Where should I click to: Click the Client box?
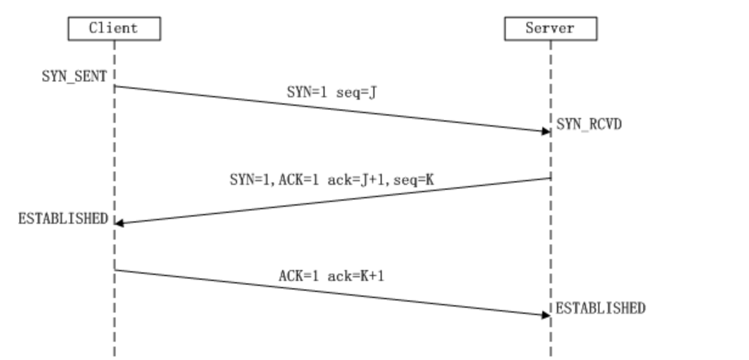114,28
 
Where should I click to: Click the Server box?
550,28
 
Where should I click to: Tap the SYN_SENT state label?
74,77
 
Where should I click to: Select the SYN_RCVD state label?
588,125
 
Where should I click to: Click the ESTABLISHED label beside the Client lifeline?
63,219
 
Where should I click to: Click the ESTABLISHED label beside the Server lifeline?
600,308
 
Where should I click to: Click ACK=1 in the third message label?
299,275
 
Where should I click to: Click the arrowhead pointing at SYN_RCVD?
546,131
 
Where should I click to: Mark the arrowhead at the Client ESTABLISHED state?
119,223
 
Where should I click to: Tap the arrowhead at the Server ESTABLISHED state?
546,314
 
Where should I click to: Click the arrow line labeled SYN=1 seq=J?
331,108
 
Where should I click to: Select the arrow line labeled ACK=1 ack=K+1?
331,292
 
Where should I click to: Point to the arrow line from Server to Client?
331,201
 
